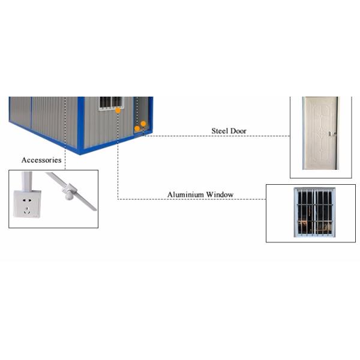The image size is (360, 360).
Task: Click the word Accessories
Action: [x=41, y=160]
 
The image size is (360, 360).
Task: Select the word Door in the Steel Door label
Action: [x=238, y=131]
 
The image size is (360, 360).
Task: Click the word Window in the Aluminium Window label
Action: [x=220, y=195]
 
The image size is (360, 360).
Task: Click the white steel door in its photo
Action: [x=319, y=133]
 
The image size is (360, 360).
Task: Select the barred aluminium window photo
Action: [x=314, y=213]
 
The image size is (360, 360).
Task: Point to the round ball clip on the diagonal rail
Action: [x=69, y=193]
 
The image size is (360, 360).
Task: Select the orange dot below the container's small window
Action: [x=118, y=110]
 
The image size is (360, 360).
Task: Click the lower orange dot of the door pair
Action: [x=137, y=128]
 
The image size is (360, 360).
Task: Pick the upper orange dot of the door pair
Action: [x=143, y=124]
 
